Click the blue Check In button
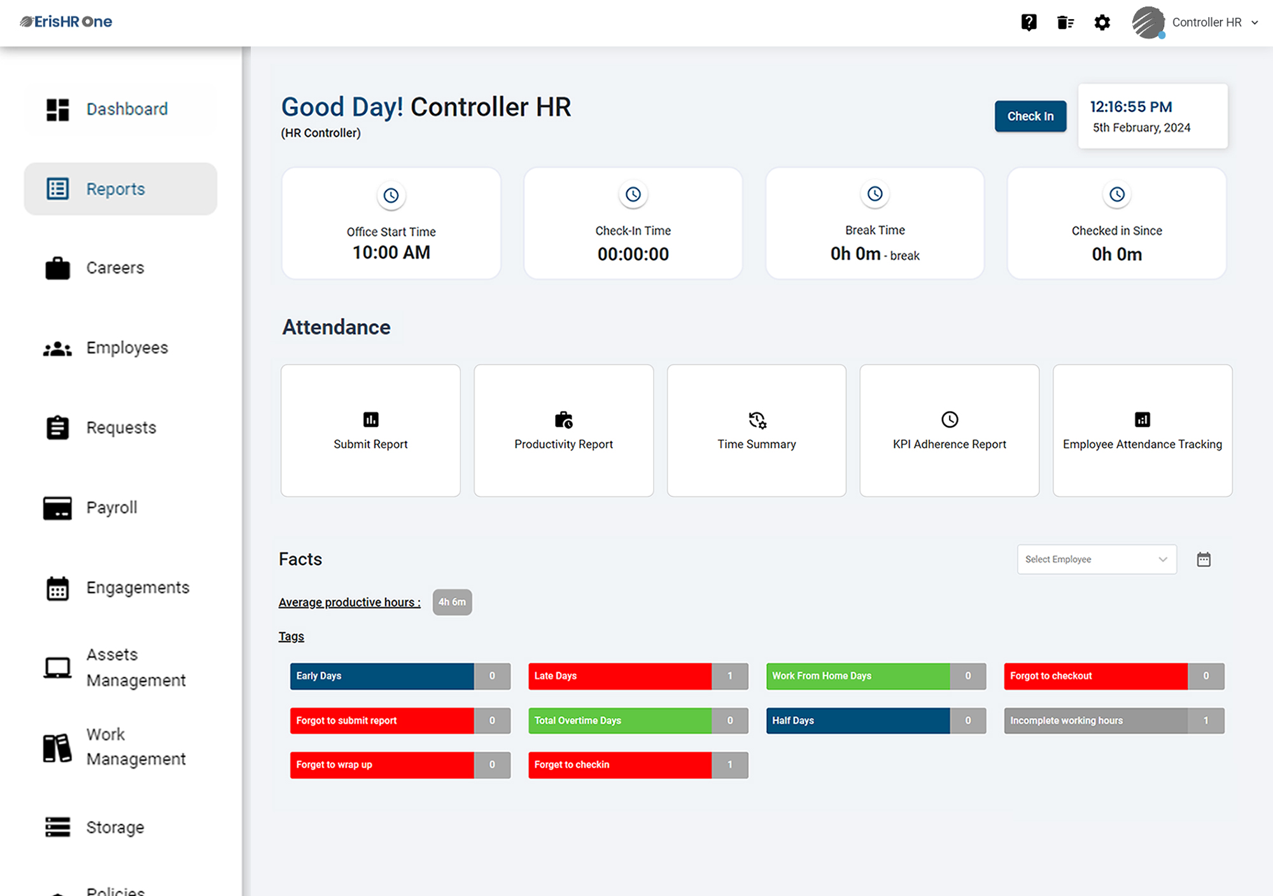[x=1030, y=116]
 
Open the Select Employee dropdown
[x=1096, y=559]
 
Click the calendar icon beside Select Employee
[x=1203, y=559]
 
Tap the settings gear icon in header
[x=1102, y=23]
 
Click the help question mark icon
[x=1029, y=23]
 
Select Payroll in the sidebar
[x=111, y=508]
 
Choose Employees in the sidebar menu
[x=127, y=348]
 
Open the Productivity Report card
[x=563, y=431]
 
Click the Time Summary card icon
[x=757, y=420]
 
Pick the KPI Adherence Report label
[x=949, y=444]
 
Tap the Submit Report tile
[x=370, y=431]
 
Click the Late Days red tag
[x=619, y=676]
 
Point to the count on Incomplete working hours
[x=1206, y=720]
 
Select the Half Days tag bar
[x=857, y=720]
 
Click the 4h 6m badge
[x=452, y=602]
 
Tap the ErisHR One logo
[x=66, y=22]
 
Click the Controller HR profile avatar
[x=1148, y=23]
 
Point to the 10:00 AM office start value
[x=391, y=253]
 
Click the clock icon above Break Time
[x=875, y=194]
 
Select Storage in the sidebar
[x=115, y=827]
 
